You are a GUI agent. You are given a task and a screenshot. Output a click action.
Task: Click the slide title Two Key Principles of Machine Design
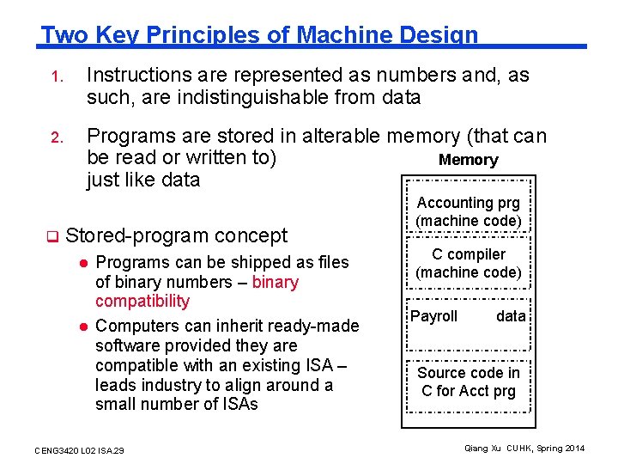click(259, 35)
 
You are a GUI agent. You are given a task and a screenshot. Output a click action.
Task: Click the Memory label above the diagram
click(468, 160)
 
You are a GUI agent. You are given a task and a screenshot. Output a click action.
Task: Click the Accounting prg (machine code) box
click(469, 211)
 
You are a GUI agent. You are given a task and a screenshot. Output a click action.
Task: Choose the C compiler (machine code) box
click(469, 263)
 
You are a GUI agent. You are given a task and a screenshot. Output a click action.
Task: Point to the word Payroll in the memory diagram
click(434, 316)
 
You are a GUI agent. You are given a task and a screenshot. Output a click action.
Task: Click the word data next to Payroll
click(511, 316)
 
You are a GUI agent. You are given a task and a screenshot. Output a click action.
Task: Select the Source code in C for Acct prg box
click(469, 382)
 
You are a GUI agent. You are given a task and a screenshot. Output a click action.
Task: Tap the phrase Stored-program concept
click(176, 235)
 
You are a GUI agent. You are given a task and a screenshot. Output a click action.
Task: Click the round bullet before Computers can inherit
click(85, 326)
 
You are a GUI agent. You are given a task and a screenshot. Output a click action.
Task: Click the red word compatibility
click(142, 301)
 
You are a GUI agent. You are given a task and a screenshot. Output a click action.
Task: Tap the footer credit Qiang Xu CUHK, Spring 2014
click(524, 449)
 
